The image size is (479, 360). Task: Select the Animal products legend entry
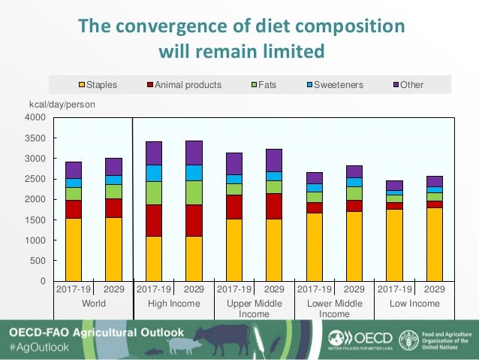(x=188, y=85)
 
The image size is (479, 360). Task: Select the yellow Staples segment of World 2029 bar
(x=113, y=249)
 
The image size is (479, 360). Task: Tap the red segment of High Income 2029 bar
(x=194, y=220)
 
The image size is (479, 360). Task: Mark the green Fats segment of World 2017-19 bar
(x=74, y=193)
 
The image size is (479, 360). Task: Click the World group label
(x=93, y=304)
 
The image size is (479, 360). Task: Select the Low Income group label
(x=414, y=304)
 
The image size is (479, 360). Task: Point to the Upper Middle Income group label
(x=254, y=308)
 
